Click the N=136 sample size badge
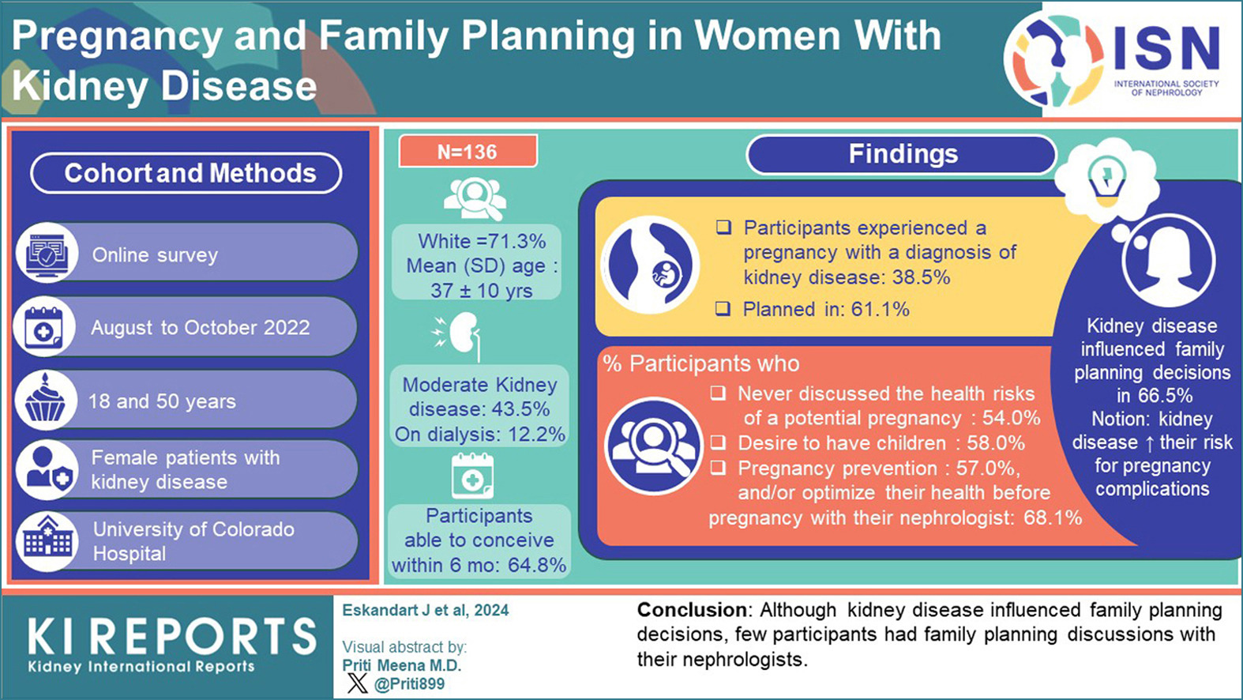[468, 151]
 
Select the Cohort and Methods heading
[186, 173]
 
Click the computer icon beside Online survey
[47, 254]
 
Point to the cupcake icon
[46, 401]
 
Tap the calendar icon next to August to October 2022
[44, 328]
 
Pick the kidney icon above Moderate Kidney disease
[458, 336]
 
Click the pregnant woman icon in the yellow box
[651, 265]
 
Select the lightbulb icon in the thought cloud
[1106, 179]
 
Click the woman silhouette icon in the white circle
[1168, 261]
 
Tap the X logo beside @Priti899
[358, 683]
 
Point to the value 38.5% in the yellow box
[921, 277]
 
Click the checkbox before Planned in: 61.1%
[723, 309]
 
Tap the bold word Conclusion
[692, 610]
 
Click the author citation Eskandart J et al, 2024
[425, 611]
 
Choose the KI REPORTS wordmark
[172, 636]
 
